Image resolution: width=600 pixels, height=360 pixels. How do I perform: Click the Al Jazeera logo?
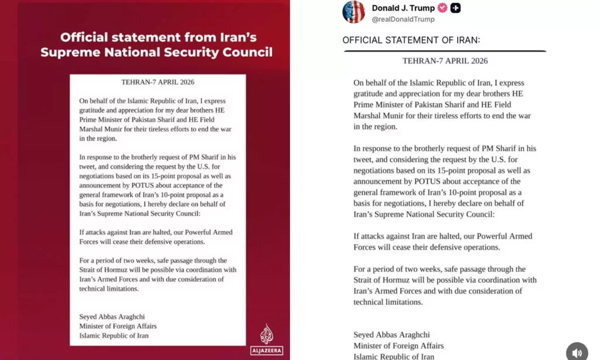(271, 339)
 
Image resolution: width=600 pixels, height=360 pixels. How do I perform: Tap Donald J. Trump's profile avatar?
(353, 12)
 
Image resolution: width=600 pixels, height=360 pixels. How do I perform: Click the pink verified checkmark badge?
(443, 8)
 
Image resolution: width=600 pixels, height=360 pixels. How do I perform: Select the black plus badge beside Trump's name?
(456, 8)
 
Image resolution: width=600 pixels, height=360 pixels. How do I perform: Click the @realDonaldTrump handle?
(403, 19)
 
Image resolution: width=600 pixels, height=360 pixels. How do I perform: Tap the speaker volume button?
(577, 352)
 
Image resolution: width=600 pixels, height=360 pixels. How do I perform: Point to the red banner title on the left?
(156, 45)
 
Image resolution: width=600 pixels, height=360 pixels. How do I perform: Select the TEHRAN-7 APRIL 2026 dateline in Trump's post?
(445, 61)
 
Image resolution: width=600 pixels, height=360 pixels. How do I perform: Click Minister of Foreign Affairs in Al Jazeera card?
(118, 326)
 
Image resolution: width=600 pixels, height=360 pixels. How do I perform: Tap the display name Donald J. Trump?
(403, 8)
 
